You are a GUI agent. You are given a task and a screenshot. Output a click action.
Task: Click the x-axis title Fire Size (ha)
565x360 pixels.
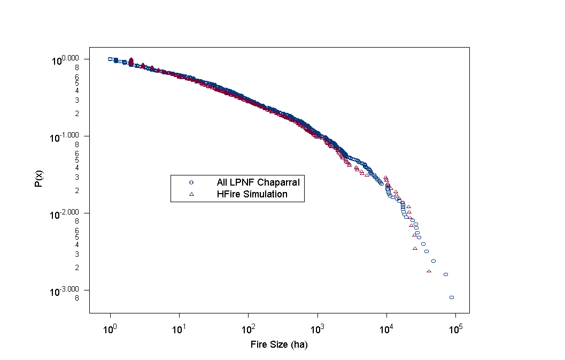coord(279,345)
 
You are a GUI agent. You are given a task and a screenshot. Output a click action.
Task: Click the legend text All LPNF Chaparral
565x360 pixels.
coord(258,182)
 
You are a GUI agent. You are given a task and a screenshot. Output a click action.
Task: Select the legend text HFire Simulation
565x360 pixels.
coord(252,194)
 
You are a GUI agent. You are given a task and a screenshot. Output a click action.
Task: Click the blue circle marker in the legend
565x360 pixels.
coord(191,182)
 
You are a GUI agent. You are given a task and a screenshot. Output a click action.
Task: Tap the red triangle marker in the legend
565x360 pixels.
coord(191,194)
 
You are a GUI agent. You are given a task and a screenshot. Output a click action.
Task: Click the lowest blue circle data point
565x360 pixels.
coord(452,297)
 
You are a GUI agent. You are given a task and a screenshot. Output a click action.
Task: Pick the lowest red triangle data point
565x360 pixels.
coord(429,271)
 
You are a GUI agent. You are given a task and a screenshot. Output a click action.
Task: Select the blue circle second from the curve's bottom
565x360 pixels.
coord(445,274)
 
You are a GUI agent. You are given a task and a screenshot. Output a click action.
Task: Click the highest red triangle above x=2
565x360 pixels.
coord(131,59)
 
